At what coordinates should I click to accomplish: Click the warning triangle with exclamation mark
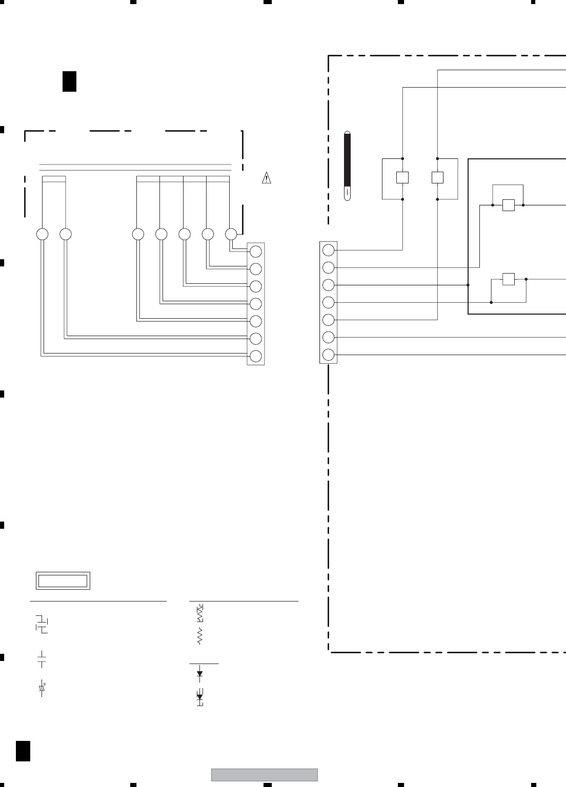click(x=266, y=178)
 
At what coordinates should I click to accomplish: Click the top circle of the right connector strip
click(x=329, y=250)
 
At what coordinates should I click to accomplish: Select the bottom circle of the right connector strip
click(x=329, y=355)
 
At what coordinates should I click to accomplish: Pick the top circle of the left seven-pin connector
click(x=256, y=251)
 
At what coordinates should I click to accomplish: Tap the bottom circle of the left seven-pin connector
click(x=256, y=356)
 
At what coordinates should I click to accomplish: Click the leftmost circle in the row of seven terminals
click(x=43, y=234)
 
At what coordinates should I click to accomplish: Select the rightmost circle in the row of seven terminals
click(x=231, y=234)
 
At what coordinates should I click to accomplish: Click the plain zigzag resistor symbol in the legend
click(x=200, y=636)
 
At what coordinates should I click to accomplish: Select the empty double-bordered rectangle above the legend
click(x=63, y=581)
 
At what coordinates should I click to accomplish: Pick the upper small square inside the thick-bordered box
click(x=508, y=205)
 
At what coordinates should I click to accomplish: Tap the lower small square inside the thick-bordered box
click(x=508, y=279)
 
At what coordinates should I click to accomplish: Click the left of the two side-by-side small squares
click(x=402, y=178)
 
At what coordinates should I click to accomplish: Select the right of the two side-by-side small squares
click(x=437, y=178)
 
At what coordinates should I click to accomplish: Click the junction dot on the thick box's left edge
click(x=468, y=285)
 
